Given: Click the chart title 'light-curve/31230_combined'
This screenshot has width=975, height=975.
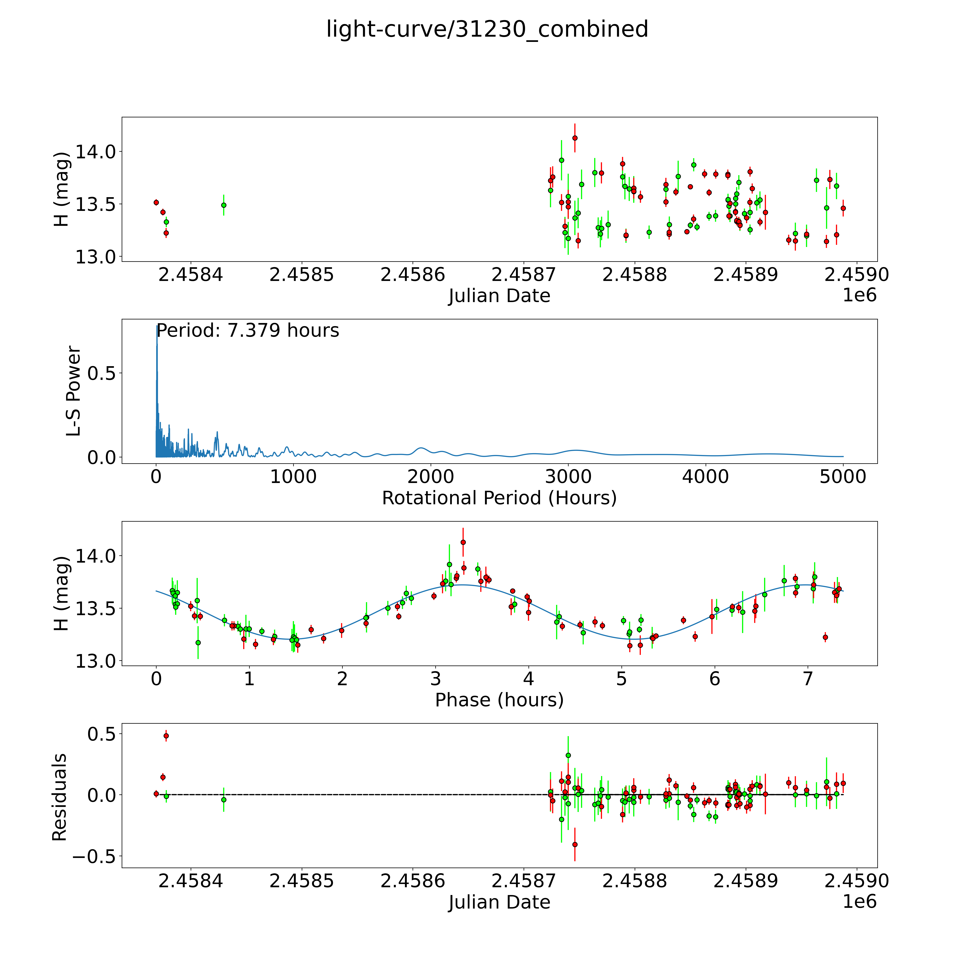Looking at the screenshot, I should (487, 29).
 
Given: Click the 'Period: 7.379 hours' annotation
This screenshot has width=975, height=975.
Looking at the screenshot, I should (247, 331).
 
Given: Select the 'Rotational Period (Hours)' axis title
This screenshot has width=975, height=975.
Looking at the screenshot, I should (499, 498).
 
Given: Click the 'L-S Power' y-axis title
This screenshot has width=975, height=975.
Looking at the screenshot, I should (74, 391).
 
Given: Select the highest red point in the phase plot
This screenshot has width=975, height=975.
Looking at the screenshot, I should (463, 542).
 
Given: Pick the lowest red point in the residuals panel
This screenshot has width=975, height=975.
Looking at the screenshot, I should (575, 844).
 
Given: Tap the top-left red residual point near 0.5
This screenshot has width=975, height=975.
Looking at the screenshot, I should (166, 736).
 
